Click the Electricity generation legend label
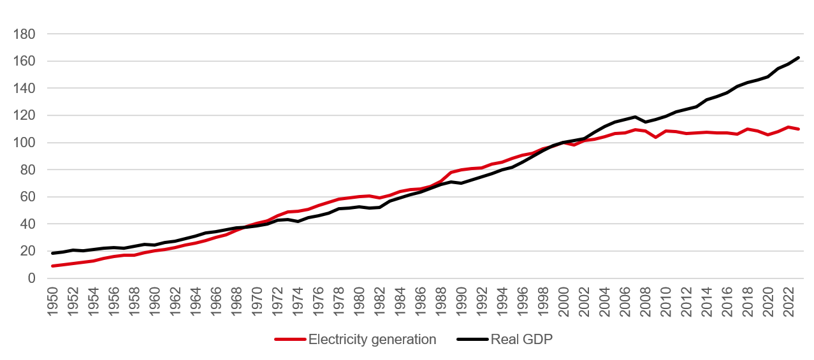tap(372, 340)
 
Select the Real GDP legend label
tap(521, 340)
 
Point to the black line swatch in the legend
tap(472, 340)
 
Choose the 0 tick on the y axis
tap(32, 278)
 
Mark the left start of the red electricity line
tap(53, 266)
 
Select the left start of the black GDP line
tap(53, 253)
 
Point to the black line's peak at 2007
tap(636, 117)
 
